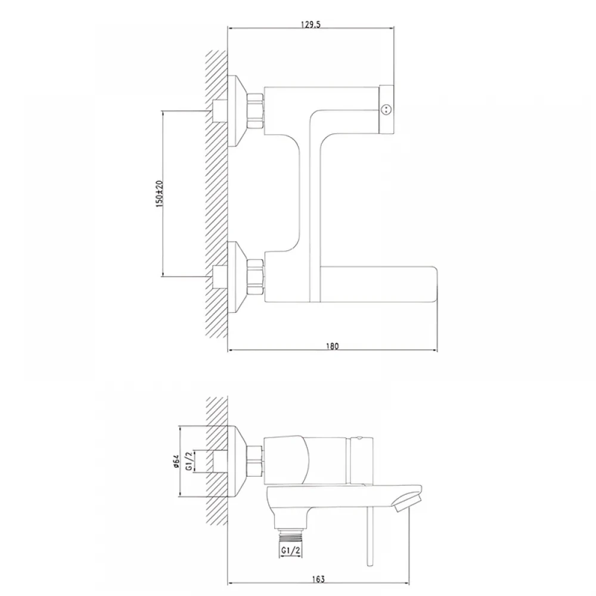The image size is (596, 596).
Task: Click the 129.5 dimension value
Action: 311,24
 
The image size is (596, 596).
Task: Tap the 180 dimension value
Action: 332,346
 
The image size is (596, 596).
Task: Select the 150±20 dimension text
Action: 159,194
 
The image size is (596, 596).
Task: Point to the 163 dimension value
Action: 318,579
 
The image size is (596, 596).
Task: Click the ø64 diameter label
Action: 176,461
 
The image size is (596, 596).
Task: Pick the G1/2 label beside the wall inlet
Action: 190,461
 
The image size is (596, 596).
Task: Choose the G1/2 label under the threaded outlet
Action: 291,550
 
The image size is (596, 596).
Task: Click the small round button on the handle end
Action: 386,110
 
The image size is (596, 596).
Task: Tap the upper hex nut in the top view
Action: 256,111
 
